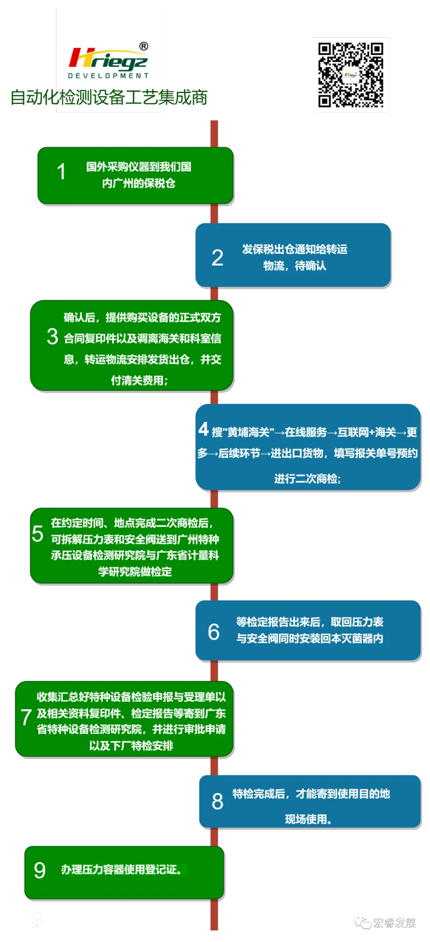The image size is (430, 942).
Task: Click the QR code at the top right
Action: coord(350,74)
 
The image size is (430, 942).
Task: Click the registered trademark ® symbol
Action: coord(143,46)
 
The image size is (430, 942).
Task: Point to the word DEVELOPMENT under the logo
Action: coord(108,75)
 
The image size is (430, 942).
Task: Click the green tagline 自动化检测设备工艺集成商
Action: coord(109,97)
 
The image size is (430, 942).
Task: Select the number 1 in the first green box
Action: coord(61,172)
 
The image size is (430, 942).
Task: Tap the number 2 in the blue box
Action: coord(217,258)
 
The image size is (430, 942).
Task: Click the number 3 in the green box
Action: coord(53,337)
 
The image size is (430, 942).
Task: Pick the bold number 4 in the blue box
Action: coord(204,429)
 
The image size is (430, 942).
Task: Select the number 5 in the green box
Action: coord(38,534)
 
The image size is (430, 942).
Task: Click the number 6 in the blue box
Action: coord(214,632)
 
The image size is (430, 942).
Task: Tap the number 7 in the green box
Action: coord(26,717)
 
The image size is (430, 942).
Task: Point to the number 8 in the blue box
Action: coord(217,802)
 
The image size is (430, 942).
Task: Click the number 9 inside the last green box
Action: coord(40,870)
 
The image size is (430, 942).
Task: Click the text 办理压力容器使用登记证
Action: coord(121,869)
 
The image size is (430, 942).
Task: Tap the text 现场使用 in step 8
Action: coord(308,819)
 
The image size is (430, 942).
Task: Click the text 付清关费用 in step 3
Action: coord(139,381)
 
